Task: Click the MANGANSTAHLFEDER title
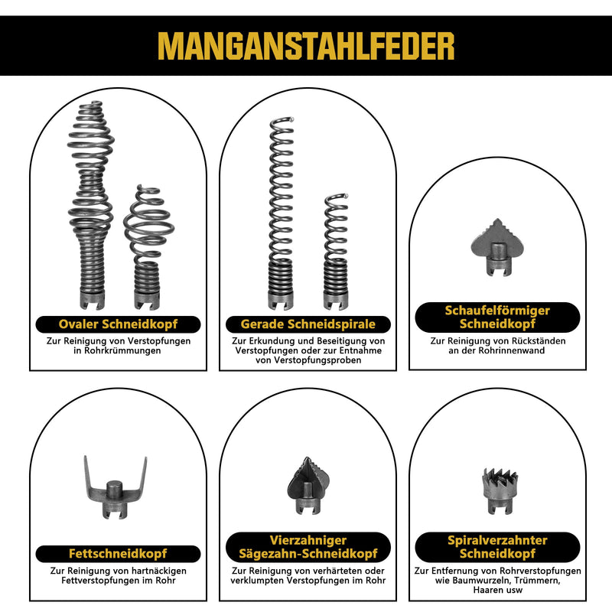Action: coord(306,46)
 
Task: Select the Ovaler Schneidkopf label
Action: coord(119,324)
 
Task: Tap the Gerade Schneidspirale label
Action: coord(308,324)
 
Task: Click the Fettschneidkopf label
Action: coord(118,553)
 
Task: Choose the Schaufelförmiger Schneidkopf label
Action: coord(497,317)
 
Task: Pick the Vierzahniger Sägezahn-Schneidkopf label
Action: coord(308,547)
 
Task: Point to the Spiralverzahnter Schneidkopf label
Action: coord(497,547)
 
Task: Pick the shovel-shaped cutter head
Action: coord(496,246)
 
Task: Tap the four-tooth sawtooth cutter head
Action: coord(308,486)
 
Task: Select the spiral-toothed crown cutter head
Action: coord(500,491)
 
